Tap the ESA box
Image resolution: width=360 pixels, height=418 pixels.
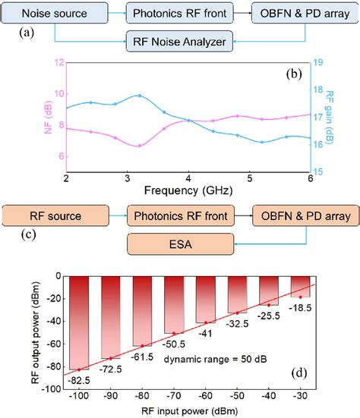pyautogui.click(x=176, y=244)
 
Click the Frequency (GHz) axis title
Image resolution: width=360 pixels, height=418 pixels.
pyautogui.click(x=187, y=192)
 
